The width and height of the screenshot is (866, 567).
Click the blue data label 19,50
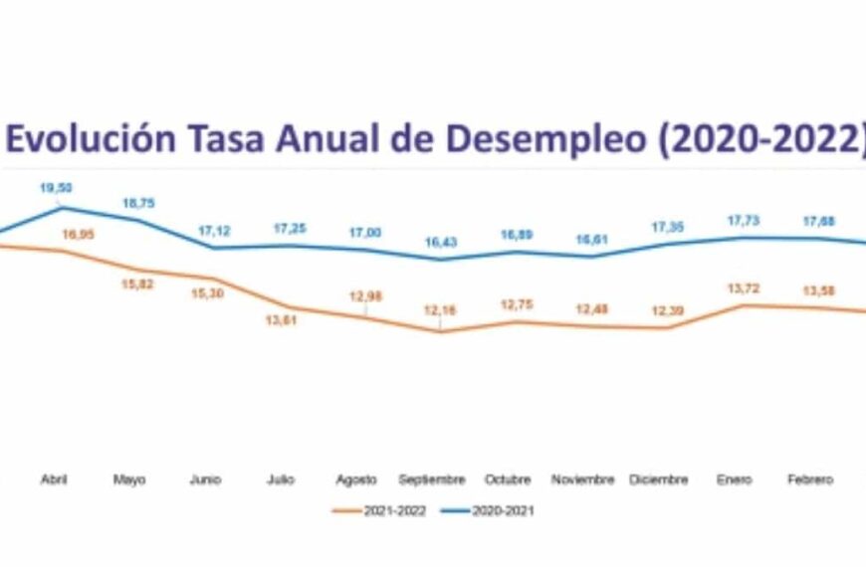[x=56, y=187]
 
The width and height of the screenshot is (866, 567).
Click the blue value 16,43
[x=438, y=242]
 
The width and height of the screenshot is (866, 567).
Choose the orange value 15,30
[x=207, y=294]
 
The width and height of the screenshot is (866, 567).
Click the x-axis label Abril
[x=54, y=479]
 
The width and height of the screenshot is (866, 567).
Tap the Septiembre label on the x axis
[x=432, y=479]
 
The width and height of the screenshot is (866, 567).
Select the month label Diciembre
[x=658, y=479]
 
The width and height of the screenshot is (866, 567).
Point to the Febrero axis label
[x=809, y=479]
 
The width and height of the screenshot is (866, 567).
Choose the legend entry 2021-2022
[x=394, y=511]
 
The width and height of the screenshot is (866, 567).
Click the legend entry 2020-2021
[x=505, y=511]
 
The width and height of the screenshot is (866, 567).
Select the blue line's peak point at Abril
[x=63, y=208]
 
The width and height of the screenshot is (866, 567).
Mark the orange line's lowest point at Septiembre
[x=439, y=331]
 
